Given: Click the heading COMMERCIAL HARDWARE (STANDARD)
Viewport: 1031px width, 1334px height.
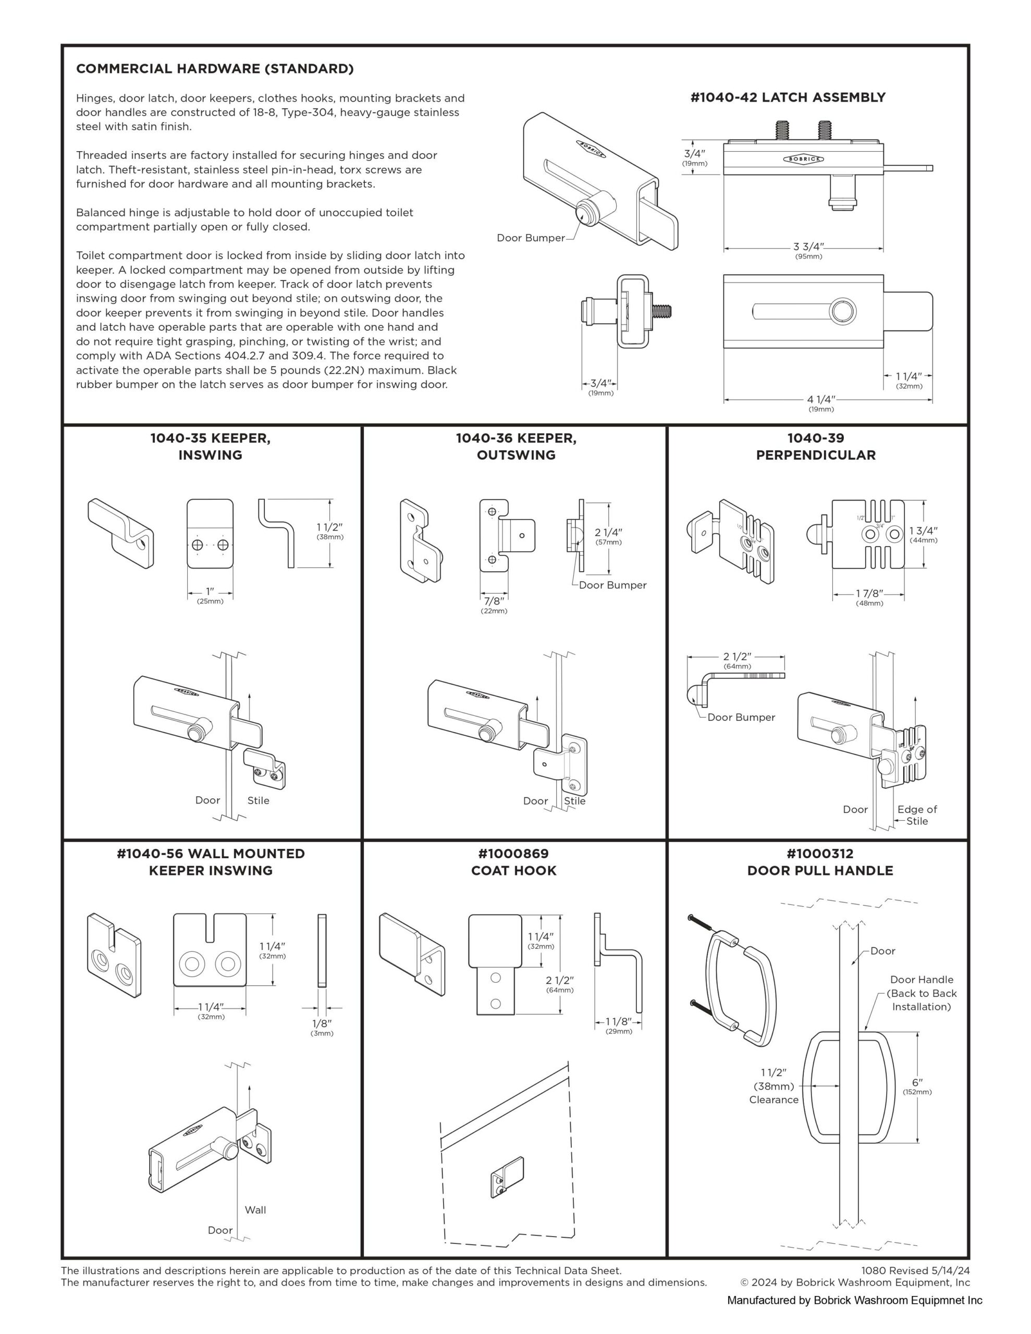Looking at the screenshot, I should click(215, 69).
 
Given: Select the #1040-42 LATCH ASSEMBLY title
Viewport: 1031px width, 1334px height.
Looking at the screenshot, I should click(787, 97).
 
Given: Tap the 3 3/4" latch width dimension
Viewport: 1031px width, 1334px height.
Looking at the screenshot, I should click(808, 248).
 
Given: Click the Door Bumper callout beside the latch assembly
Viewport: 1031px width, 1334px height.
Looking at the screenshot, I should click(531, 238).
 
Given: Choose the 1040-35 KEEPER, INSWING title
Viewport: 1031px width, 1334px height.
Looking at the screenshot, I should click(210, 447).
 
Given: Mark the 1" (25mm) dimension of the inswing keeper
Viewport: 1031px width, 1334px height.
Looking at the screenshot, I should click(210, 592).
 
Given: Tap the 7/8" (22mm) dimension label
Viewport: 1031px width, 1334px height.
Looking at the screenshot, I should click(494, 602).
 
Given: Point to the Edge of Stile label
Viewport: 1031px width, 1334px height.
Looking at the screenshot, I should click(917, 815).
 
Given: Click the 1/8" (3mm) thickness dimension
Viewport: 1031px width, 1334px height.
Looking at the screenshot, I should click(322, 1024).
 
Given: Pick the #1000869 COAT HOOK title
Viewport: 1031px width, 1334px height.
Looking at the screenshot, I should click(513, 862).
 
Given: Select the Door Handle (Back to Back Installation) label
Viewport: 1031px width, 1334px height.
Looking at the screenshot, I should click(921, 993).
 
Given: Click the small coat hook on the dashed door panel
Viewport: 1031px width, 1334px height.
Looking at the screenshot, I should click(506, 1177).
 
